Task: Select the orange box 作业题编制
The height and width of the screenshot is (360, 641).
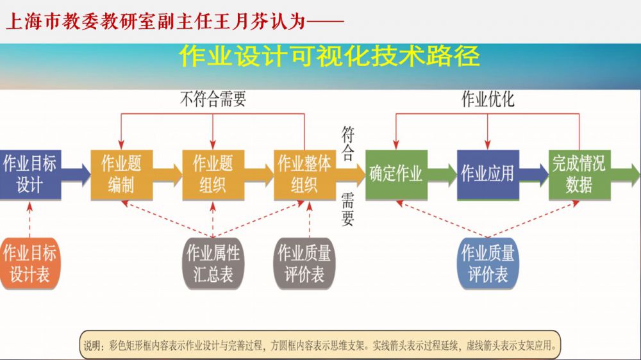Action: click(121, 174)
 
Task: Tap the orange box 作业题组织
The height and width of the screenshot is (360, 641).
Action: click(212, 174)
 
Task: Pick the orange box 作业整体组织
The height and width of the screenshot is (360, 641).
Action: click(304, 174)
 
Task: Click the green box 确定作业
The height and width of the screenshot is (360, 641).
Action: click(395, 174)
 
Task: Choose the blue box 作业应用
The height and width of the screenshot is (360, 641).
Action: click(487, 174)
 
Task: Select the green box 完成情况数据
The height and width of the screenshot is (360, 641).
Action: click(579, 174)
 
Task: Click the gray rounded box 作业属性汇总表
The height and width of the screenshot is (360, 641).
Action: click(213, 263)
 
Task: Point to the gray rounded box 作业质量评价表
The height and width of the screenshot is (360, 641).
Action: click(304, 263)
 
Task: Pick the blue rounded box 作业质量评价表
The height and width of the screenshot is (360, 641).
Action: click(488, 263)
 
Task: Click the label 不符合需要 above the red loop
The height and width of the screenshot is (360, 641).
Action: click(213, 99)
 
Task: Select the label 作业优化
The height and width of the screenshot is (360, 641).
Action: click(488, 99)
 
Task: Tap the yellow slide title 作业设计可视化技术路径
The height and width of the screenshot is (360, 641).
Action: click(329, 56)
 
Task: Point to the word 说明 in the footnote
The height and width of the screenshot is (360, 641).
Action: click(94, 346)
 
